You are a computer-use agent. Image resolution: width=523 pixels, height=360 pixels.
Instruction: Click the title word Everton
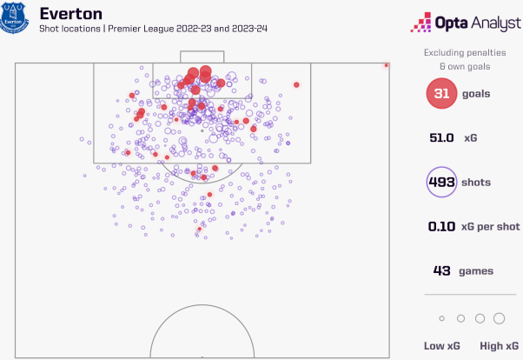click(70, 14)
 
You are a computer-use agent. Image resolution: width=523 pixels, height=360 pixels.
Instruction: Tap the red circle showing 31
click(441, 94)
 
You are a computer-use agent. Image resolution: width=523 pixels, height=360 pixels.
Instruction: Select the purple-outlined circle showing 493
click(441, 183)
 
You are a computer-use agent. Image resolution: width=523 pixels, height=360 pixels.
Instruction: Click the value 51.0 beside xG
click(441, 138)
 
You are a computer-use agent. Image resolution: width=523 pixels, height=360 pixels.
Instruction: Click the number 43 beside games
click(441, 271)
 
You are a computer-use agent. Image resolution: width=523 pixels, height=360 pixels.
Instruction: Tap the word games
click(476, 271)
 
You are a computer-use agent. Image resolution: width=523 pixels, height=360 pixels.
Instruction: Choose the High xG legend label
click(498, 346)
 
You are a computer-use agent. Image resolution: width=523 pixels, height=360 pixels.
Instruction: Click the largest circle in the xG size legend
click(500, 318)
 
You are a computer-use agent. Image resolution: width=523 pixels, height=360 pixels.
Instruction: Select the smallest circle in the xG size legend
click(441, 318)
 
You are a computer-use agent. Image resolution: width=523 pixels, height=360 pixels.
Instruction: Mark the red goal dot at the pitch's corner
click(387, 64)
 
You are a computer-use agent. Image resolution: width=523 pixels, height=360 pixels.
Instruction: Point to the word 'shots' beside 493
click(477, 183)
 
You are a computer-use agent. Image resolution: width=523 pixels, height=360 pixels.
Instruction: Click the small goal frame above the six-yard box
click(202, 57)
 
